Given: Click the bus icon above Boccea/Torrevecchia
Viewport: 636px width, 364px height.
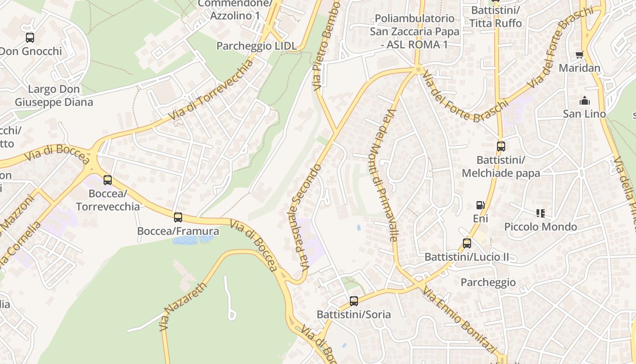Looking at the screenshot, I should (x=108, y=180).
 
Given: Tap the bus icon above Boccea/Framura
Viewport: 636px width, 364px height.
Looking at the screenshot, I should (x=178, y=217).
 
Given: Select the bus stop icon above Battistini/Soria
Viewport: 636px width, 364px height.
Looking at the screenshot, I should (x=354, y=301).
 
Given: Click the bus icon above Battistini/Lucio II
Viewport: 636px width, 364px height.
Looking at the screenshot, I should (x=467, y=243).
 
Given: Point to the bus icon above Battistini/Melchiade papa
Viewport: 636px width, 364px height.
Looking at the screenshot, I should (x=501, y=147).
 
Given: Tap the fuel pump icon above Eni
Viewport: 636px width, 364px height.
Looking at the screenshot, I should (x=480, y=205).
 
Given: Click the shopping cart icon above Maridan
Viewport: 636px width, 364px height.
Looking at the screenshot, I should (x=579, y=55).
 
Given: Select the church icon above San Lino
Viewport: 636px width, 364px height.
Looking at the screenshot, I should (x=584, y=101).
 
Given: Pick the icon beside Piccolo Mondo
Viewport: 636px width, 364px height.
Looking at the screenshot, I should (x=540, y=213).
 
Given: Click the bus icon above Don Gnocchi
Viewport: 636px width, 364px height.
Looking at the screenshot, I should (x=30, y=38).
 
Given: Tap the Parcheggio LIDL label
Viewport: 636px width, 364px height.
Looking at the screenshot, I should (x=256, y=46).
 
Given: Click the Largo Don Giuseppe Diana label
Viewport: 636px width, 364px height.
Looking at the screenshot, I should (x=54, y=96).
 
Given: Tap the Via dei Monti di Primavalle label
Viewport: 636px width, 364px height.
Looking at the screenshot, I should (x=385, y=175).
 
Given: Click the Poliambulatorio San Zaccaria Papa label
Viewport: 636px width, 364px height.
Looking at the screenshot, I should (x=414, y=31).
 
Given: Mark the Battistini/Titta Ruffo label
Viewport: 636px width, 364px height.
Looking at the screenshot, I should (x=495, y=16).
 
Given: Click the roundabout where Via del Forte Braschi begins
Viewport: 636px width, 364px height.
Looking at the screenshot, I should (x=418, y=70).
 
